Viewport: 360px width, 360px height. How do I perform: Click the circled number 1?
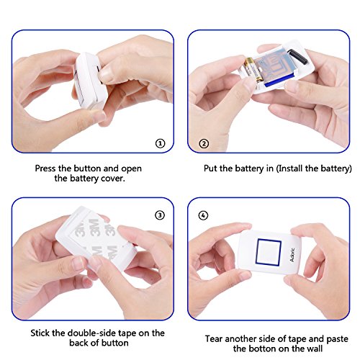161,143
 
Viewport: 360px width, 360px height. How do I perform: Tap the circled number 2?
204,144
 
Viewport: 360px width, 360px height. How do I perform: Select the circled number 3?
160,215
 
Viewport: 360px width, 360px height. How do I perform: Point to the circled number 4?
203,215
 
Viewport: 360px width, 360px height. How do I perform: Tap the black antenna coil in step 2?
297,57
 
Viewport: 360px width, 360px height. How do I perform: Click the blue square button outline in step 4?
269,252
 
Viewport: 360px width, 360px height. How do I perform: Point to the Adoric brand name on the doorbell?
292,255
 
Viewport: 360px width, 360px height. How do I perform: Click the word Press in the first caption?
45,168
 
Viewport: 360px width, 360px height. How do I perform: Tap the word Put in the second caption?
211,168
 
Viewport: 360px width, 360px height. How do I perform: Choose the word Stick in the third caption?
40,333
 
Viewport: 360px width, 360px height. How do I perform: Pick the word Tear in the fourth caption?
214,339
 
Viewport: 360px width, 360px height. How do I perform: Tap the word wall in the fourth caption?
314,348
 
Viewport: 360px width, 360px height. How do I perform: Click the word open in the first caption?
131,169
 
